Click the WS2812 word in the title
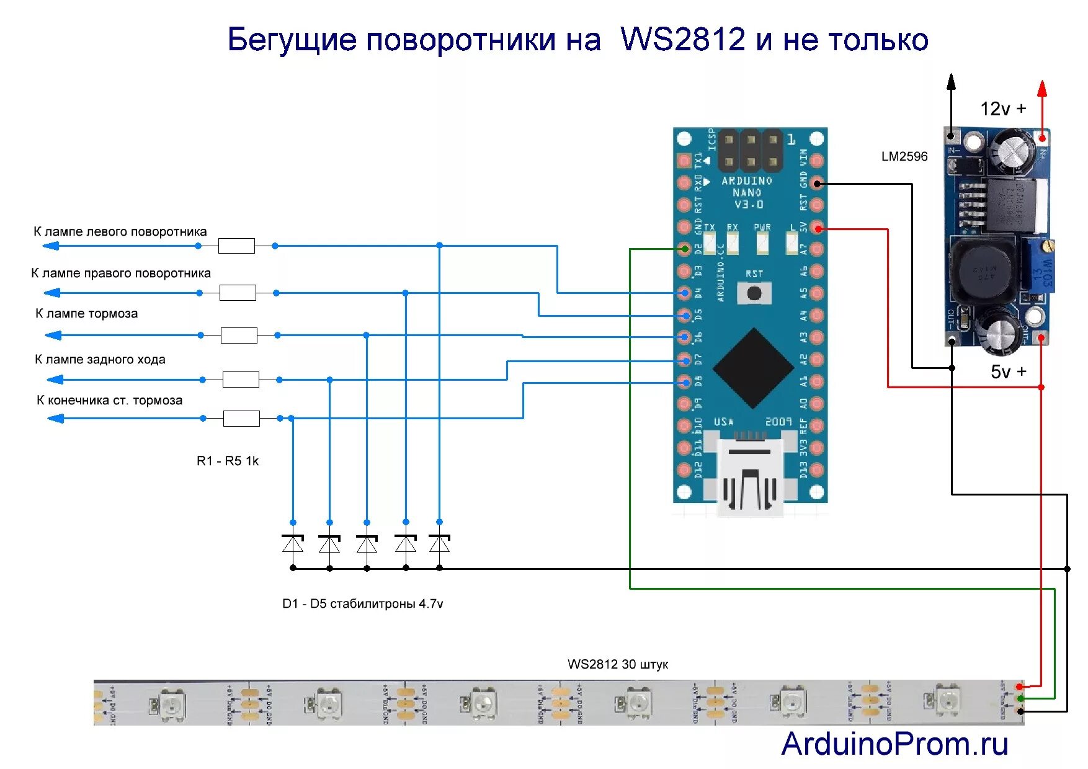coord(682,39)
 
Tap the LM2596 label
coord(904,156)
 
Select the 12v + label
coord(1002,109)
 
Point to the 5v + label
coord(1008,371)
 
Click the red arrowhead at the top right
coord(1042,89)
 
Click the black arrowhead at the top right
coord(951,81)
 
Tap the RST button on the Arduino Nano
coord(754,293)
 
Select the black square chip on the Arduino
coord(753,368)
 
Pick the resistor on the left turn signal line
coord(236,246)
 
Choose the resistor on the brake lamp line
coord(239,335)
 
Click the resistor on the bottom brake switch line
coord(241,418)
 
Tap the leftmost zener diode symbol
coord(293,544)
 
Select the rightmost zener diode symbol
coord(439,544)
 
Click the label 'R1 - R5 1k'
coord(227,461)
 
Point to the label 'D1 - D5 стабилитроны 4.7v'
coord(362,603)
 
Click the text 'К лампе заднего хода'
coord(100,359)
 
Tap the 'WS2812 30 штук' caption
coord(618,664)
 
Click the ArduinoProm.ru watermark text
coord(894,744)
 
